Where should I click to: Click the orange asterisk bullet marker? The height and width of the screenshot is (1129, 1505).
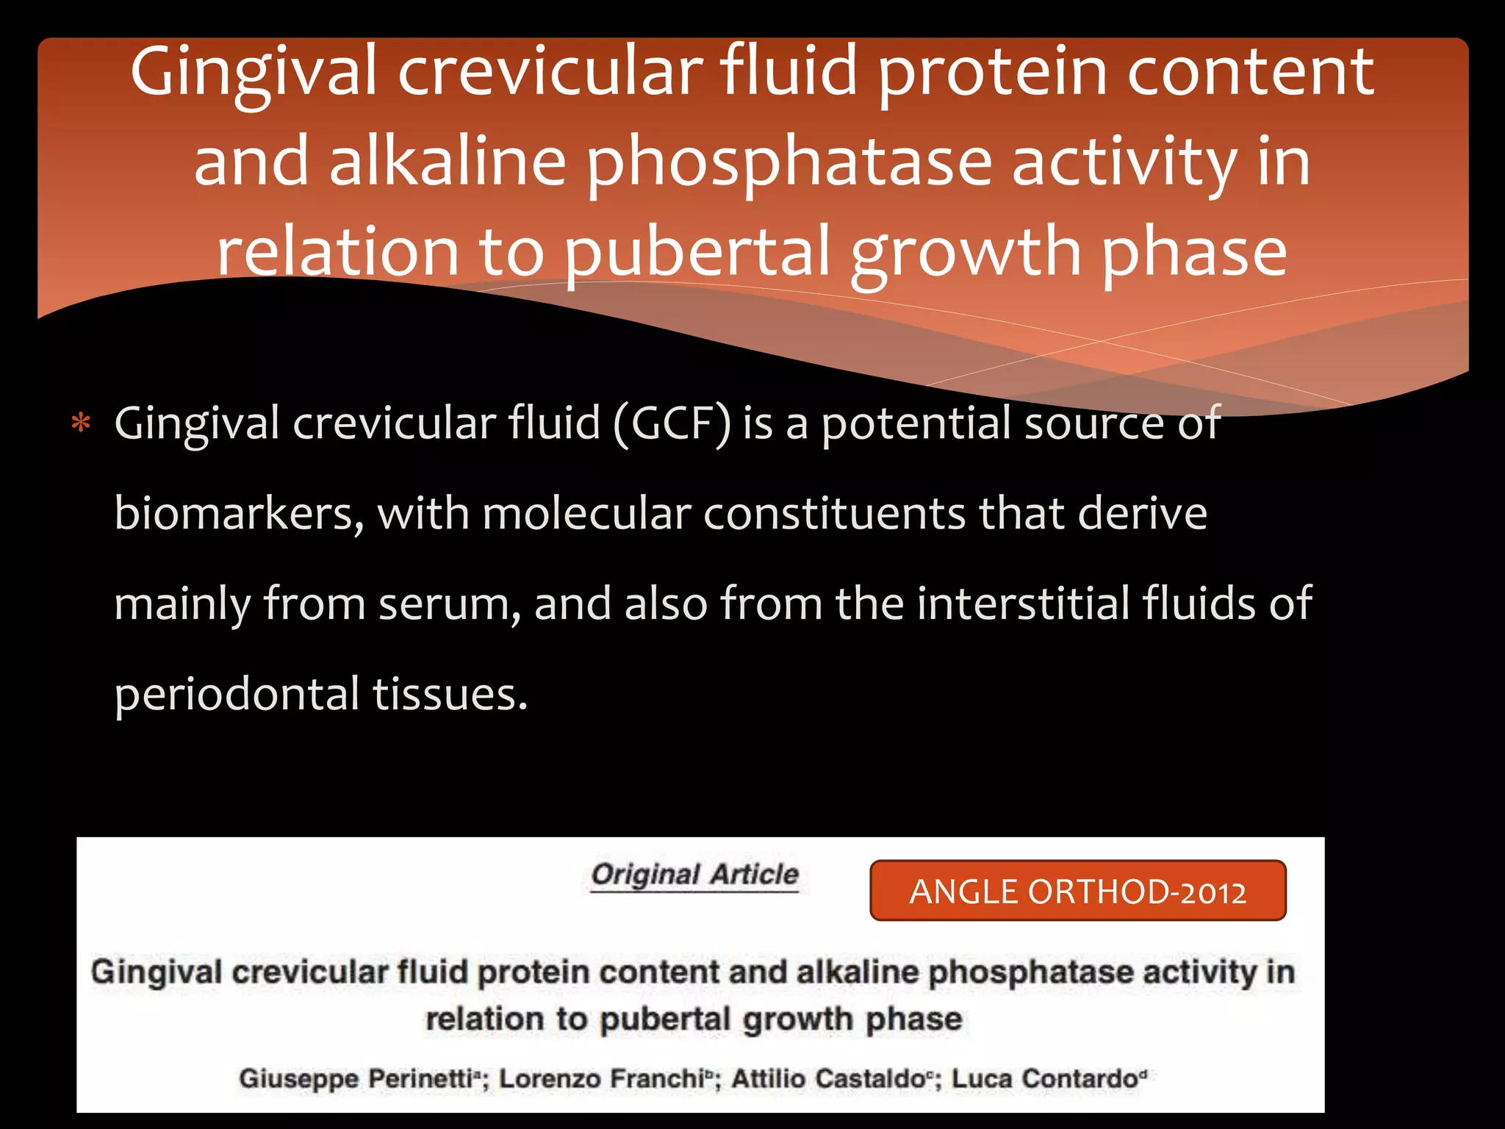click(81, 424)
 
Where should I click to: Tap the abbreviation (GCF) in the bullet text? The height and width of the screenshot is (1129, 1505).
click(672, 424)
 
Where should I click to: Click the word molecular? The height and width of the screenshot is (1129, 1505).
click(586, 514)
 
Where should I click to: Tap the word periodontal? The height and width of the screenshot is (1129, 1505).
click(237, 695)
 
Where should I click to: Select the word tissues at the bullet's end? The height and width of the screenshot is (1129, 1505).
click(449, 695)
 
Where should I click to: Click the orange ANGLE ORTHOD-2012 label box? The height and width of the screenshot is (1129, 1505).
click(1077, 891)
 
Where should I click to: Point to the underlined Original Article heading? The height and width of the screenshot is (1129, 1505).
click(694, 875)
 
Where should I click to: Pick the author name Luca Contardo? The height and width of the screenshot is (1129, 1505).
click(1045, 1078)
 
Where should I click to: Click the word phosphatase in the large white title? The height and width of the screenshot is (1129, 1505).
click(789, 163)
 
